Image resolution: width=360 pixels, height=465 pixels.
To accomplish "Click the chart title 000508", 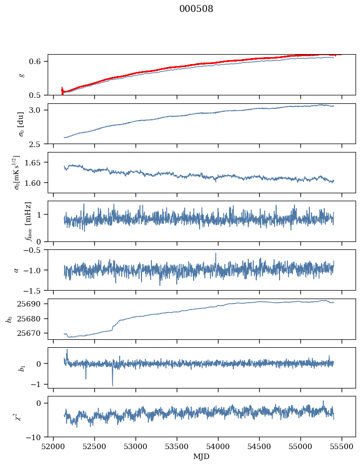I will (196, 9).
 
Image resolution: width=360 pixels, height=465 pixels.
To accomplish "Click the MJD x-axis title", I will (202, 457).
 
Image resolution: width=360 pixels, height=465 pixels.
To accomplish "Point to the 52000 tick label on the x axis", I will (54, 447).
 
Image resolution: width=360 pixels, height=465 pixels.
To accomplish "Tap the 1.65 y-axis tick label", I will (36, 162).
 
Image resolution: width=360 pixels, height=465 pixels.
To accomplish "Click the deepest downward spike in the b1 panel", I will (112, 386).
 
